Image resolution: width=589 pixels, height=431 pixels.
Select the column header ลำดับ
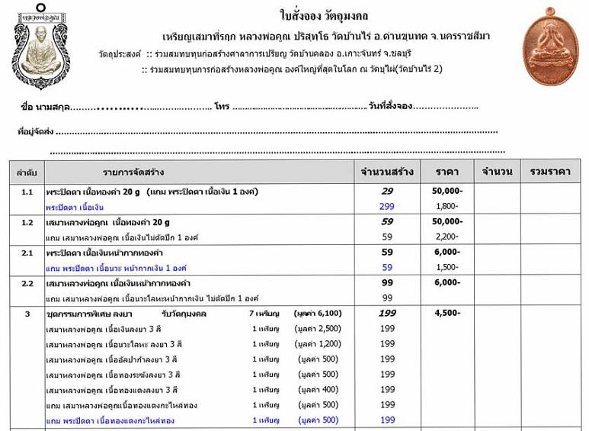[x=27, y=172]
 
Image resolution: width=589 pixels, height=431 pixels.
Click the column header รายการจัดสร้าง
[x=134, y=172]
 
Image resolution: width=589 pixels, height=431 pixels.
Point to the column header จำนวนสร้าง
[x=387, y=172]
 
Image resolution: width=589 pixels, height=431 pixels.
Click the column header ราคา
[x=447, y=172]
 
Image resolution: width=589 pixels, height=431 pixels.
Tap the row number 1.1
[x=27, y=191]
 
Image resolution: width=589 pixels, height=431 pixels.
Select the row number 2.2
[x=27, y=283]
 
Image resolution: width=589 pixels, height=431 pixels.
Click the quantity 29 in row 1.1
[x=387, y=191]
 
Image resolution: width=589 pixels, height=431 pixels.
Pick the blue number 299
[x=387, y=207]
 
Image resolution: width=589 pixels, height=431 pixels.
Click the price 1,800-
[x=447, y=207]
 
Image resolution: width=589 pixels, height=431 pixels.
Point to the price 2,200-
[x=447, y=237]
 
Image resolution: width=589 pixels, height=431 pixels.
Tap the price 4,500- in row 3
[x=447, y=313]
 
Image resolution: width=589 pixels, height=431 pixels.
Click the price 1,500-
[x=447, y=267]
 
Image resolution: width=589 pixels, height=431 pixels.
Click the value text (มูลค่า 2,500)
[x=320, y=329]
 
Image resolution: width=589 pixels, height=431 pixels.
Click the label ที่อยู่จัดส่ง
[x=36, y=131]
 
